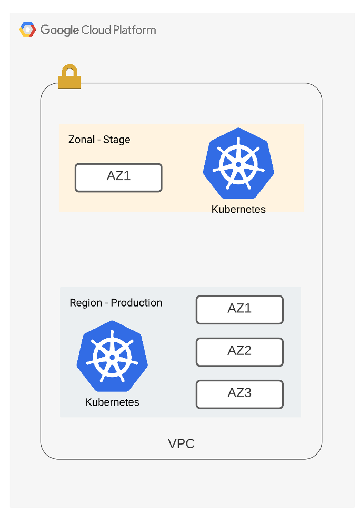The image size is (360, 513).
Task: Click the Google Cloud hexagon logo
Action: tap(27, 29)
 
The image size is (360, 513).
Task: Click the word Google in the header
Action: tap(59, 30)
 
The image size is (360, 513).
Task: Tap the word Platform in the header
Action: tap(134, 30)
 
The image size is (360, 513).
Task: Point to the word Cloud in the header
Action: tap(96, 30)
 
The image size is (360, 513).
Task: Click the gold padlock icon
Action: tap(69, 76)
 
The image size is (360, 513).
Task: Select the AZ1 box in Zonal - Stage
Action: tap(118, 177)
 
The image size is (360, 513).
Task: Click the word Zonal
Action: tap(82, 140)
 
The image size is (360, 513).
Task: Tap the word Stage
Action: tap(117, 140)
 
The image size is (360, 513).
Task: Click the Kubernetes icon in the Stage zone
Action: tap(238, 163)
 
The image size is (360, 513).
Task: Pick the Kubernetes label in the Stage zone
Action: tap(238, 209)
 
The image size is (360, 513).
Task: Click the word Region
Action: tap(86, 303)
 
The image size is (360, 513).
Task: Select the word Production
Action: tap(136, 303)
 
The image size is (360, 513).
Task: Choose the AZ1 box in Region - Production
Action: tap(239, 310)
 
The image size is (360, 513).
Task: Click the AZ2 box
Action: tap(239, 352)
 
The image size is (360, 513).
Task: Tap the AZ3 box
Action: tap(239, 394)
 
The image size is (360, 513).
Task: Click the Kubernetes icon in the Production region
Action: tap(112, 356)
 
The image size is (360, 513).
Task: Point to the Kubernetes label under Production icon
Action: tap(112, 402)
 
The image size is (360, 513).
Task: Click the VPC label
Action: tap(181, 443)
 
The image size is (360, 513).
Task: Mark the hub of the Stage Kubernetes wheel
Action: tap(238, 164)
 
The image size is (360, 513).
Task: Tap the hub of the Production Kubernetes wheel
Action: tap(112, 357)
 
